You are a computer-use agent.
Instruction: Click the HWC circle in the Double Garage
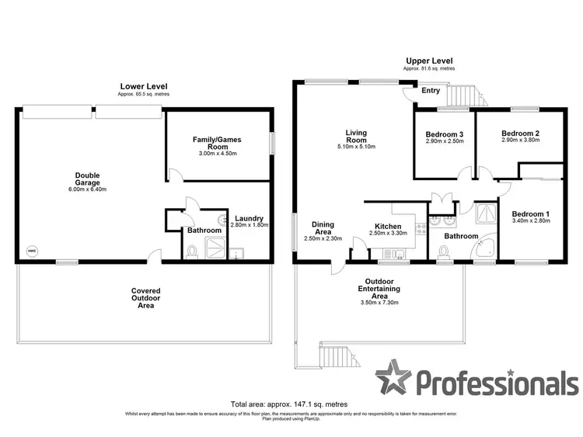point(32,251)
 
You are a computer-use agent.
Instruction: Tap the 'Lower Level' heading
point(143,86)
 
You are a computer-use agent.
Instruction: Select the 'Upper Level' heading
point(429,61)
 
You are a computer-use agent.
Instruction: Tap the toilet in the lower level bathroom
point(192,251)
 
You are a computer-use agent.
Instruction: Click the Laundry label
point(248,218)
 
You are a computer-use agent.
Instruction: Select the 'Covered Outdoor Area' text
point(145,298)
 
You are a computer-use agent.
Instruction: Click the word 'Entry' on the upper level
point(430,91)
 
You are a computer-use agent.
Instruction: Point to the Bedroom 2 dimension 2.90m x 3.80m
point(520,140)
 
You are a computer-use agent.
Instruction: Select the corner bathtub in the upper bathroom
point(487,246)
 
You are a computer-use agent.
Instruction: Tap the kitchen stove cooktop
point(421,229)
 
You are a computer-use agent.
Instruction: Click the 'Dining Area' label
point(323,228)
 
